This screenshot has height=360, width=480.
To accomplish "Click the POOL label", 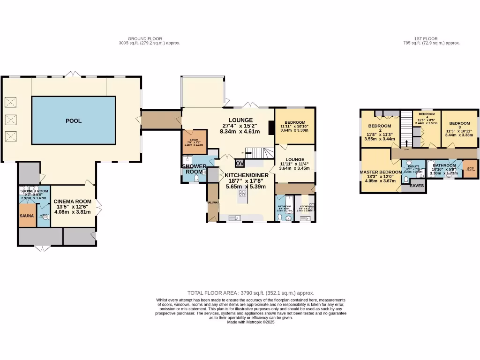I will pos(73,121).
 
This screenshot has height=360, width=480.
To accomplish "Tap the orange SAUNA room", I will pos(27,216).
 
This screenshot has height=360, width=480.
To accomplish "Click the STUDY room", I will pos(194,140).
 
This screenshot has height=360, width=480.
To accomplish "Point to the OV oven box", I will pos(240,164).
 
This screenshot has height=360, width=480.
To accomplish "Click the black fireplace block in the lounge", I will pos(270,128).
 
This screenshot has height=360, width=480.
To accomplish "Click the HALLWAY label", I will pos(212,202).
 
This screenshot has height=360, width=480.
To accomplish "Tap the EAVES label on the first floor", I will pos(417,186).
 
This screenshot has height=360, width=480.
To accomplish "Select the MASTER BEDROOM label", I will pos(381,172).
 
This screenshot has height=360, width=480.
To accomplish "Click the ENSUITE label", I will pos(413,166).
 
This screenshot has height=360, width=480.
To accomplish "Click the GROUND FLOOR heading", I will pos(145,38).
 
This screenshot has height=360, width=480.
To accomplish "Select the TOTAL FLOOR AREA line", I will pos(250,293).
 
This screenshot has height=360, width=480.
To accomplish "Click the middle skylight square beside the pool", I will pos(10,119).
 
